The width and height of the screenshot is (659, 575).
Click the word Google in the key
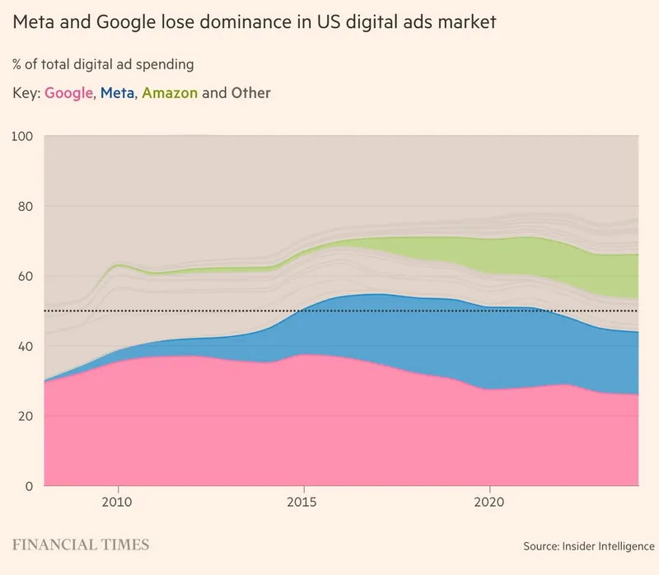tap(68, 93)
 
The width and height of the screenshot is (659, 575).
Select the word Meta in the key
tap(117, 93)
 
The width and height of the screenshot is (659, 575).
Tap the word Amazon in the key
tap(170, 93)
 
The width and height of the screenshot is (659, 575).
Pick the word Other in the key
tap(250, 93)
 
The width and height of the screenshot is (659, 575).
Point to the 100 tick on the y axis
tap(23, 136)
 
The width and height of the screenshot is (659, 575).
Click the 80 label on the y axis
tap(26, 206)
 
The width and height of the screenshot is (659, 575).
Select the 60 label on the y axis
tap(26, 276)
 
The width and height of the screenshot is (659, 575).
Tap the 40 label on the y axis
tap(26, 346)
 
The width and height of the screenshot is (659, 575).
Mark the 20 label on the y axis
tap(26, 416)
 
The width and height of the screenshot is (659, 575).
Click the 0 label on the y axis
tap(30, 486)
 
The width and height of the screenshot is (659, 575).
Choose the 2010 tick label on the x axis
tap(118, 502)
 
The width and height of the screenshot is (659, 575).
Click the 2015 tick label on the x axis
tap(304, 502)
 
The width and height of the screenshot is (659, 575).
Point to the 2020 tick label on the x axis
tap(490, 502)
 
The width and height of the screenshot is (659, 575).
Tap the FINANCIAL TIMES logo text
tap(81, 545)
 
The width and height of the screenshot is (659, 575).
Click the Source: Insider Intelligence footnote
tap(588, 546)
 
